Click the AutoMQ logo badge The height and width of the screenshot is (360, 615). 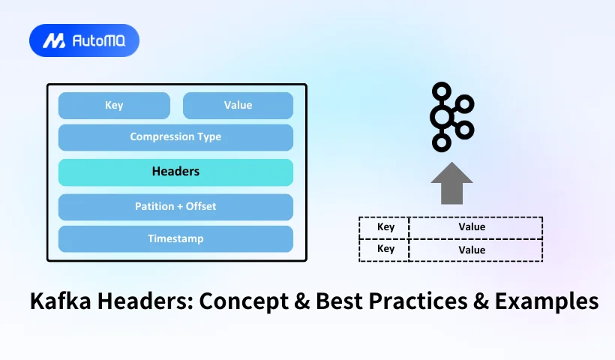84,40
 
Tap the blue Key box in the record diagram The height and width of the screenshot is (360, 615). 114,106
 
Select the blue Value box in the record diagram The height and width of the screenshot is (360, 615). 238,106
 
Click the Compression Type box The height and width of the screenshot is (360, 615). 175,137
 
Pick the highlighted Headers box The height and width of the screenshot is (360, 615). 175,172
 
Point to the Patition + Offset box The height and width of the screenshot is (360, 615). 175,206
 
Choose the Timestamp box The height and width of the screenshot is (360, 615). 175,238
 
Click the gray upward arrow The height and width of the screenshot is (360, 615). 451,183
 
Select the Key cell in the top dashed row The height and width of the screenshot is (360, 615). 385,227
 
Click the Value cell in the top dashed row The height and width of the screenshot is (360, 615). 472,227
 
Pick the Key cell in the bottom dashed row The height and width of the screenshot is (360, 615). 385,250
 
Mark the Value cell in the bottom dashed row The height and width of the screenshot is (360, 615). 472,250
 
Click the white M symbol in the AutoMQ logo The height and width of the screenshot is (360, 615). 53,41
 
